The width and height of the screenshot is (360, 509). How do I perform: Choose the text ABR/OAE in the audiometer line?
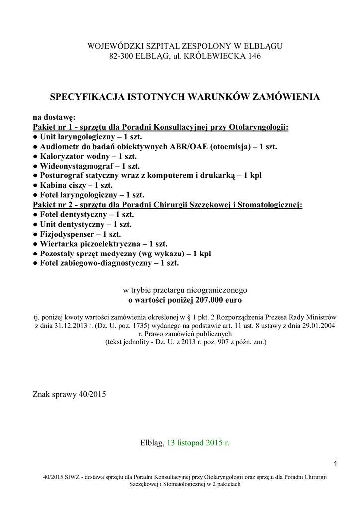click(180, 147)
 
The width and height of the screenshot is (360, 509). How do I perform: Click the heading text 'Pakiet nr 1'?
click(53, 127)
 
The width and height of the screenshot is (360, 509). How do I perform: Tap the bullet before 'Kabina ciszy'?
click(36, 186)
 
